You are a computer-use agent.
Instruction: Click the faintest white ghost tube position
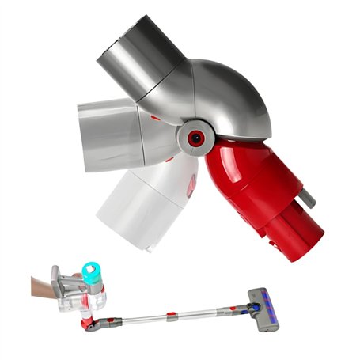pos(138,206)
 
